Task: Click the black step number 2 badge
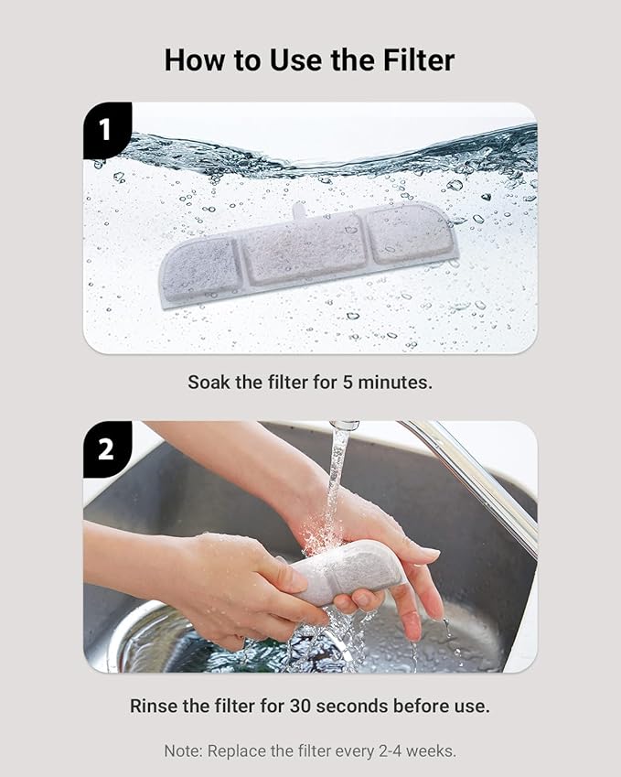click(x=105, y=448)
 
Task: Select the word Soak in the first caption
click(x=209, y=382)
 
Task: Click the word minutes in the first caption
click(x=395, y=382)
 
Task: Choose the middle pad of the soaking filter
click(x=306, y=249)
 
